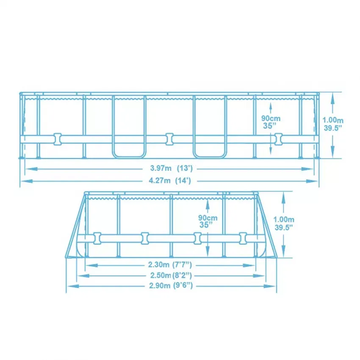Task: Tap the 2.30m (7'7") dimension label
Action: pos(170,266)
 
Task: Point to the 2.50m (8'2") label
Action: pos(170,276)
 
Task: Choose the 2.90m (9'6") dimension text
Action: pos(170,286)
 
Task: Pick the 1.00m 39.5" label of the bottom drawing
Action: pos(284,223)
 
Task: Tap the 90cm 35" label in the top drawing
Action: pos(271,122)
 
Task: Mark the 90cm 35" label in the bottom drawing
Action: pos(208,222)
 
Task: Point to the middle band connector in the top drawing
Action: pos(170,138)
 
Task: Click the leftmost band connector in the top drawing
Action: pos(57,138)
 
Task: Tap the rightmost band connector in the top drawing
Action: pos(278,138)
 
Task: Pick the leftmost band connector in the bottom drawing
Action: pos(97,238)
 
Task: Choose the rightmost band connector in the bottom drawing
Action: pos(243,238)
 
